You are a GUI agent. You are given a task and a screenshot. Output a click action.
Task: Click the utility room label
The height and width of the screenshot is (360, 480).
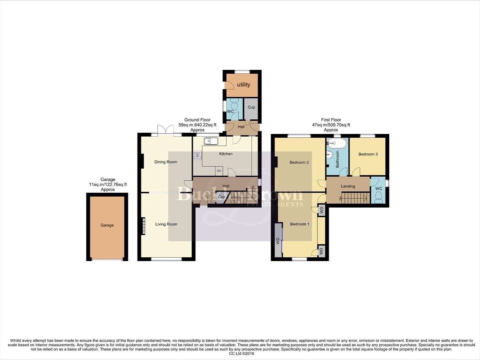(243, 85)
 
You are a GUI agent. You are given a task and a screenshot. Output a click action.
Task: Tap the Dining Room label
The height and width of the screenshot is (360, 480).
(166, 162)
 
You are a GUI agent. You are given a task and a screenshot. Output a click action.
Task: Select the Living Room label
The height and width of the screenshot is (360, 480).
(166, 224)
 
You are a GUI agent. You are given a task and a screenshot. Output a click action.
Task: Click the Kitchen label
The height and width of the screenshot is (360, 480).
(226, 154)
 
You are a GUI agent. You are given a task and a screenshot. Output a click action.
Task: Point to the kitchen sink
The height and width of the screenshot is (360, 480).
(211, 141)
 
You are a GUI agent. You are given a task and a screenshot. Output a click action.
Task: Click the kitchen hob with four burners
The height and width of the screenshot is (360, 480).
(198, 155)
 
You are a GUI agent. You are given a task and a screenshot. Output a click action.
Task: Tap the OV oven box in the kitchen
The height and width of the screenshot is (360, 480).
(219, 171)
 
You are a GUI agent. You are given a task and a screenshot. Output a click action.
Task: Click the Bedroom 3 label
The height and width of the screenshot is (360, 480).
(368, 154)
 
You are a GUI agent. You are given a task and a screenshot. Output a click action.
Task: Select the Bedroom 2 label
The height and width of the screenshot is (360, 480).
(299, 163)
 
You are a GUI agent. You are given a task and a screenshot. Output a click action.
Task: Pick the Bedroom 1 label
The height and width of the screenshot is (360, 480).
(299, 224)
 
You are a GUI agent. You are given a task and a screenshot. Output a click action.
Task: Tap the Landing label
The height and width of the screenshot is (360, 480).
(348, 186)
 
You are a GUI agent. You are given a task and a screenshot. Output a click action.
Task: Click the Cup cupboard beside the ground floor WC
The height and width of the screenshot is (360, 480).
(251, 107)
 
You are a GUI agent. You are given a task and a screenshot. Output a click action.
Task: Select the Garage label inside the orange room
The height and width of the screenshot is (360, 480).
(107, 225)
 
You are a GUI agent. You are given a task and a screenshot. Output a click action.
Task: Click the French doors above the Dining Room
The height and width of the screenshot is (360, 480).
(166, 130)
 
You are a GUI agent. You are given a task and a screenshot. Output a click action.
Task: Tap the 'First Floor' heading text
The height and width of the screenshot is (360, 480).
(331, 120)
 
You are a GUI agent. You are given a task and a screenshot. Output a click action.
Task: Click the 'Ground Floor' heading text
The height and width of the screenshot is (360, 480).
(197, 120)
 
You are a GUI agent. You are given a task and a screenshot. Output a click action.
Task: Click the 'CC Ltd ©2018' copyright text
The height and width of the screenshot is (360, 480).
(240, 354)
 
